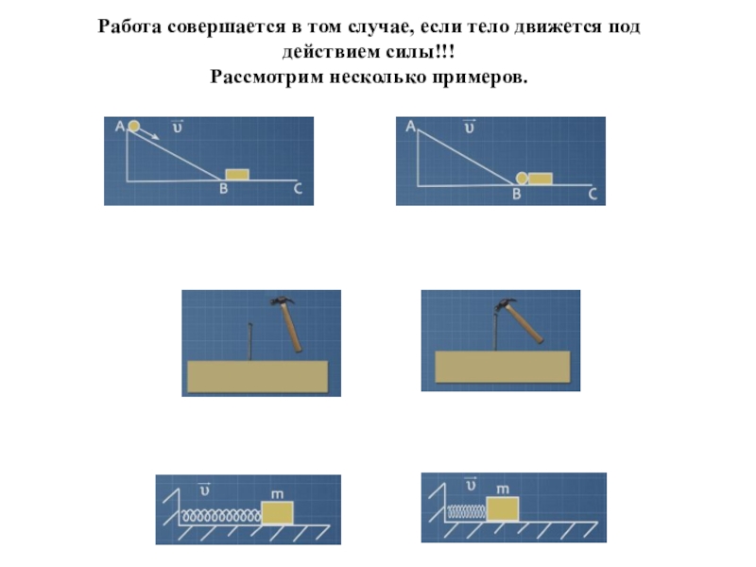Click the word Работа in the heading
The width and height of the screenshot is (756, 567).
click(129, 26)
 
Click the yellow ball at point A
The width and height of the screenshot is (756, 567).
click(134, 126)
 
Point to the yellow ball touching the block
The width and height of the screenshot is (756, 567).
click(522, 178)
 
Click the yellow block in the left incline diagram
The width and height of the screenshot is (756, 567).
click(237, 175)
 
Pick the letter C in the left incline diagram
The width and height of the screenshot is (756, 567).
click(298, 188)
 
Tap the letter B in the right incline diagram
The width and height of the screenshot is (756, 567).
click(516, 194)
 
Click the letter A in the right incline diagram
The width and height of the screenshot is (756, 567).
click(410, 127)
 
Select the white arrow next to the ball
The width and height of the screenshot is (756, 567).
click(150, 133)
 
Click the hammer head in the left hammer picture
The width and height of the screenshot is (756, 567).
click(283, 301)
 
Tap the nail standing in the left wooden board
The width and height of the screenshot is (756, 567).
click(249, 341)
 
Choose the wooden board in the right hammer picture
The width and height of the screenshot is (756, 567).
click(503, 367)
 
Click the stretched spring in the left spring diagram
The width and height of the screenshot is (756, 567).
click(221, 517)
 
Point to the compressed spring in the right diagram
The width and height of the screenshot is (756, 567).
click(467, 511)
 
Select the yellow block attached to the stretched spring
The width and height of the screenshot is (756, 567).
click(277, 512)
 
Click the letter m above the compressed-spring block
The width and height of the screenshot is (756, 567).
click(503, 489)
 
